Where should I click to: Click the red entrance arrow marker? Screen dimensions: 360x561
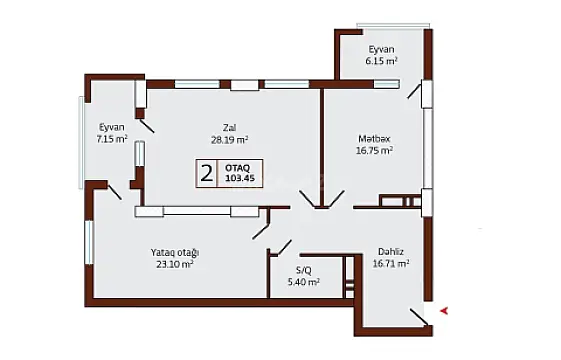point(444,310)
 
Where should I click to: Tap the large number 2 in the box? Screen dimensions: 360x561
point(206,174)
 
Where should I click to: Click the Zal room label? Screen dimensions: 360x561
point(229,126)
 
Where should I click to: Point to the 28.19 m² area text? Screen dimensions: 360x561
point(230,140)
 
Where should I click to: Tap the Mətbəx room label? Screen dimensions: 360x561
point(375,137)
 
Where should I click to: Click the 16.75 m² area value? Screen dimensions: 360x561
point(375,151)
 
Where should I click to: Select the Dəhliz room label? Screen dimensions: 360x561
point(391,252)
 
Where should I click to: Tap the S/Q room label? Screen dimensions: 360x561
point(304,270)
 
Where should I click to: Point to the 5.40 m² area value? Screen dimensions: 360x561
point(304,283)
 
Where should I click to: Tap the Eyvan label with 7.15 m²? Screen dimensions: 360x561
point(111,126)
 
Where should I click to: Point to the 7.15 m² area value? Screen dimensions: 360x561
point(111,139)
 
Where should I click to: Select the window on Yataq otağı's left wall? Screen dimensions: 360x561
point(89,243)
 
